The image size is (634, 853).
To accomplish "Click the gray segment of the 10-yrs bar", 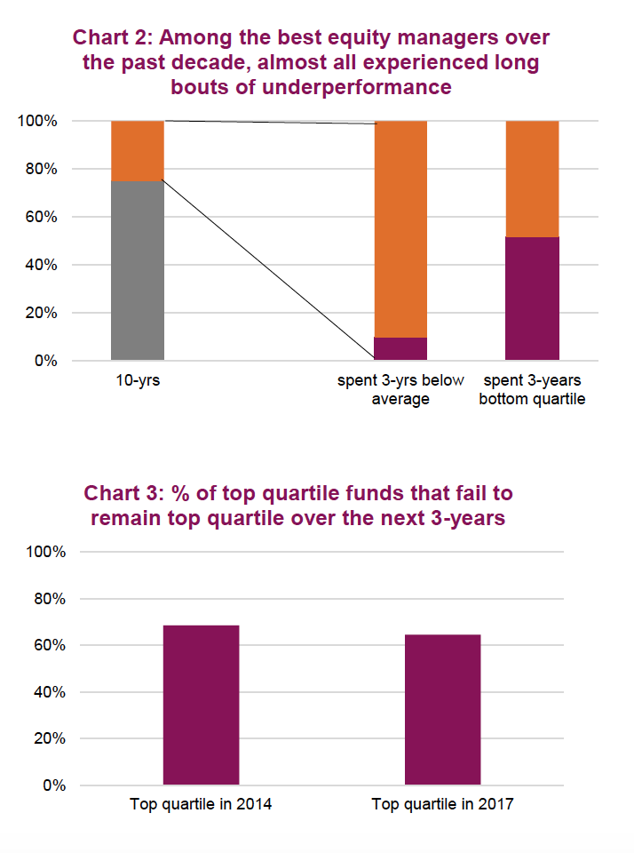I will point(138,270).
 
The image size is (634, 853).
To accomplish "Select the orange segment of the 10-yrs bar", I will point(138,150).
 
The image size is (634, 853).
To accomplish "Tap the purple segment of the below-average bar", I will point(400,348).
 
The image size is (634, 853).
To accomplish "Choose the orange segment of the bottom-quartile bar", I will point(532,179).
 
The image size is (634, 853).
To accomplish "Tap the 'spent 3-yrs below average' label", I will point(400,390).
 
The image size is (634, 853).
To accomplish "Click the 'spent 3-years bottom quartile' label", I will point(532,390).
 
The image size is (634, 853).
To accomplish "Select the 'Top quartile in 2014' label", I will point(201,805).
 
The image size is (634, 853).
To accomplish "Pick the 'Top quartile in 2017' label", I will point(442,805).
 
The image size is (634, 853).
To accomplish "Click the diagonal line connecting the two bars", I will point(269,270).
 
